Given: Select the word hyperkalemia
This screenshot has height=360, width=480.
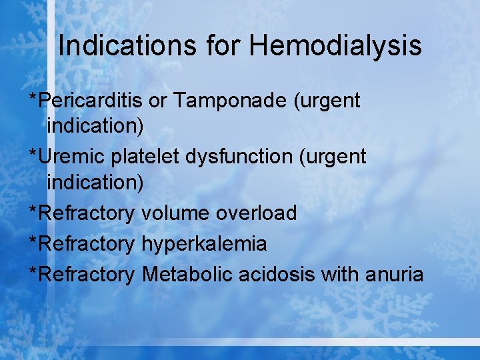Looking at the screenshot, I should click(204, 244).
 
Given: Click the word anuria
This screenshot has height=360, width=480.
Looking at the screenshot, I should click(394, 274).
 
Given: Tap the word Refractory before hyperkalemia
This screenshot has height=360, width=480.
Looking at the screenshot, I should click(87, 244).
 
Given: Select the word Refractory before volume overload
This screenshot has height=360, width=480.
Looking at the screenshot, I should click(87, 213).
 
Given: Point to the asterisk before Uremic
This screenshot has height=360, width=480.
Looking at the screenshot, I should click(33, 155).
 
